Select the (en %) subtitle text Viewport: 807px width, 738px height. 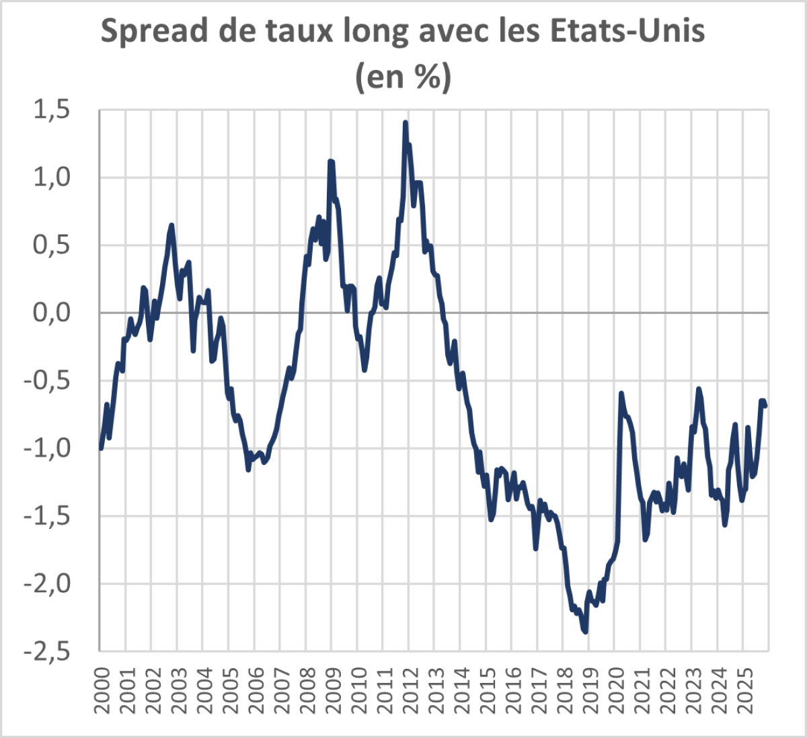click(403, 76)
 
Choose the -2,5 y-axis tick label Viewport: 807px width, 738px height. click(47, 651)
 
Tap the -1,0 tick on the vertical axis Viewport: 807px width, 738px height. click(47, 448)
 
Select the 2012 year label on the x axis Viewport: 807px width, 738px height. click(408, 691)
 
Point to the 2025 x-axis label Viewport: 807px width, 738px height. click(742, 691)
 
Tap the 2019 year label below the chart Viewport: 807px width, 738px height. click(588, 691)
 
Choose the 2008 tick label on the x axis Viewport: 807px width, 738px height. click(305, 691)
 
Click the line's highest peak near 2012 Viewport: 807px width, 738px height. click(406, 123)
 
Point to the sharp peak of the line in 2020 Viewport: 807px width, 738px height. click(621, 393)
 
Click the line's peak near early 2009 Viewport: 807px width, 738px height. click(330, 161)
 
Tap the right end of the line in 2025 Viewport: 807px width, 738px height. click(765, 405)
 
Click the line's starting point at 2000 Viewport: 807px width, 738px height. click(100, 448)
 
